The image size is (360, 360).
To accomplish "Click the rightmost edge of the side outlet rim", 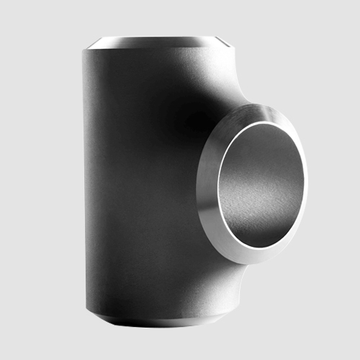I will tap(307, 173).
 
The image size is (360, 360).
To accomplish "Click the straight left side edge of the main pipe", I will tap(84, 180).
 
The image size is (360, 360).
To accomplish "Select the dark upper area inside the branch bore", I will tap(266, 144).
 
